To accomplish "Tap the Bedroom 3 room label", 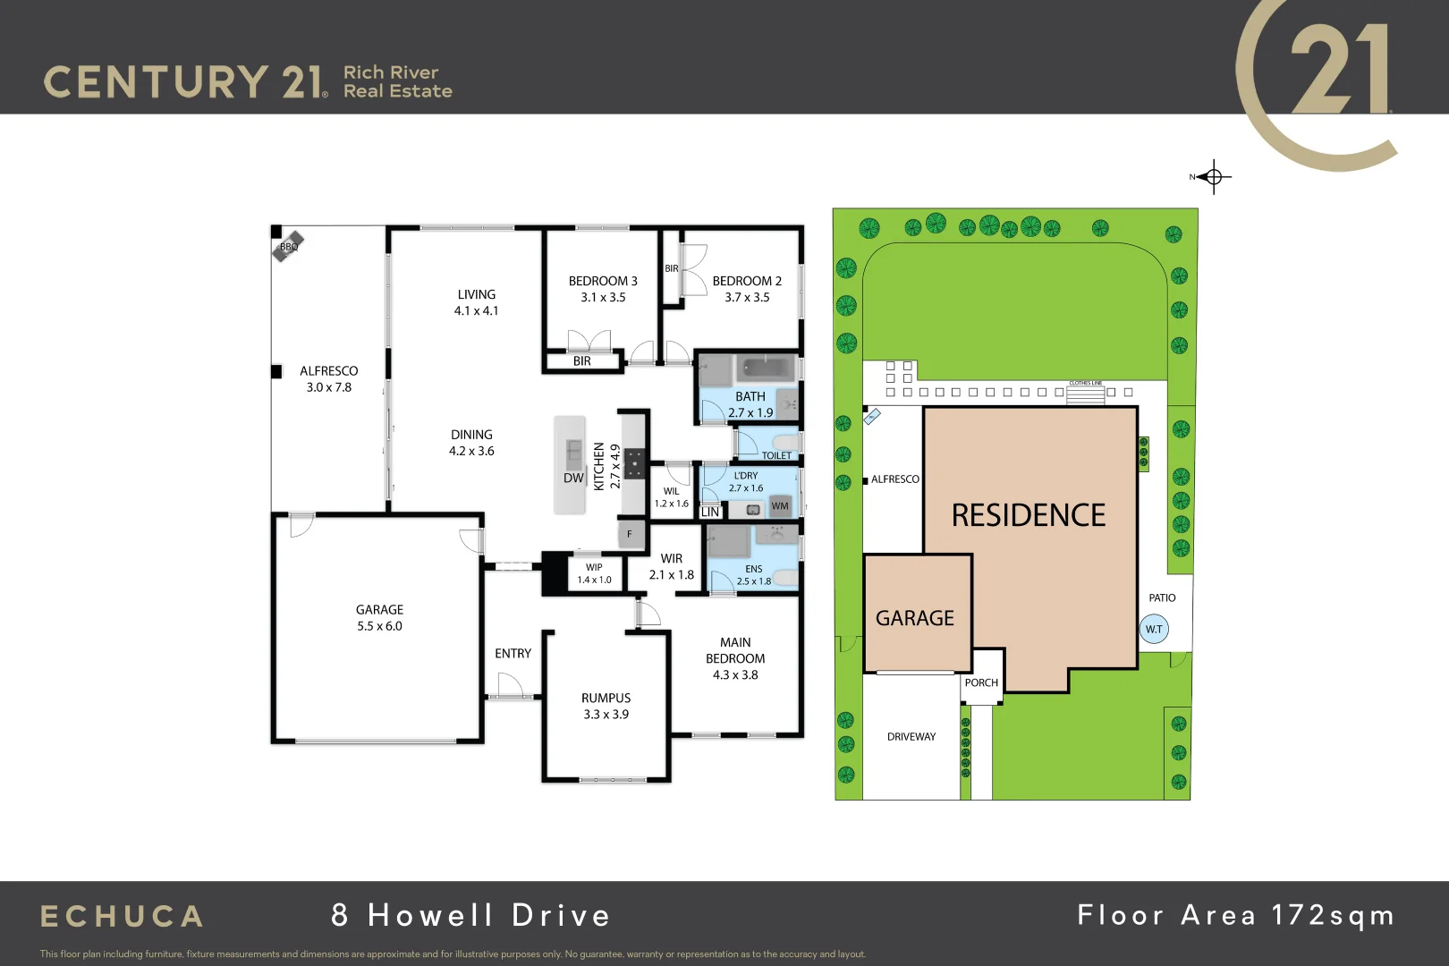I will click(603, 281).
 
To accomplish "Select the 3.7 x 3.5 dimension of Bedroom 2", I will click(747, 298).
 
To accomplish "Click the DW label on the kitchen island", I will click(573, 479).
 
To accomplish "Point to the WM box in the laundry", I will click(780, 506).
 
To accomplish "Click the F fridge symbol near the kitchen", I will click(630, 534).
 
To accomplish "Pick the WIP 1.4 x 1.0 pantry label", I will click(594, 573).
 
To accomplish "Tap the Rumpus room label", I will click(606, 698).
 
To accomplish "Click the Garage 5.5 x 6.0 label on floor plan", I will click(379, 618).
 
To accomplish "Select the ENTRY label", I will click(513, 654).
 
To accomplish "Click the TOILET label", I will click(776, 455).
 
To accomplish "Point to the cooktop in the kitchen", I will click(634, 464).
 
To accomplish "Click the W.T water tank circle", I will click(1154, 629).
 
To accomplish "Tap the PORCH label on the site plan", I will click(981, 682).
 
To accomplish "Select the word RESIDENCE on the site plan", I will click(1028, 515).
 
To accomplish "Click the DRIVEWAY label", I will click(911, 737).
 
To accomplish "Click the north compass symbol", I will click(1213, 177).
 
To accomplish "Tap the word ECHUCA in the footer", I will click(123, 917).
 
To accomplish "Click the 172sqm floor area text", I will click(1333, 915).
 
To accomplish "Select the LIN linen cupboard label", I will click(710, 513).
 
